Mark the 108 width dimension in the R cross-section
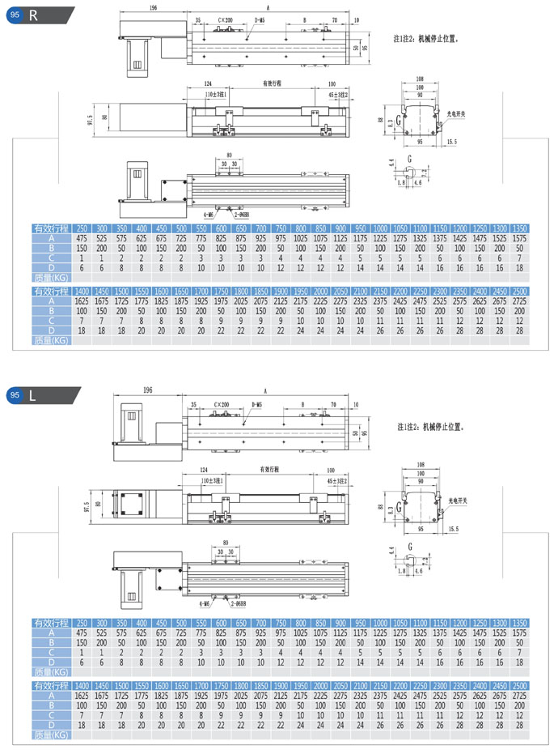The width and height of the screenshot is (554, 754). tap(420, 80)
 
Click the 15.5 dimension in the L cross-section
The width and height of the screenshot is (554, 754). tap(451, 529)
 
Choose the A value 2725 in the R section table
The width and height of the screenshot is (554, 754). tap(520, 300)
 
